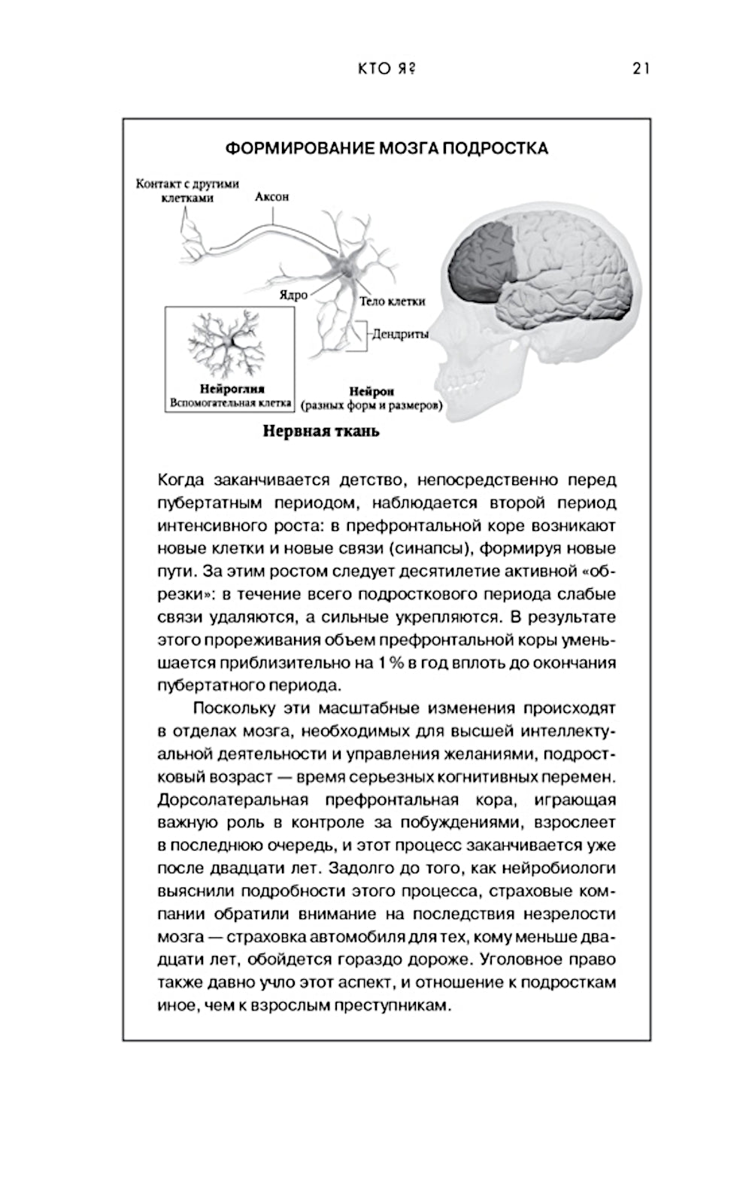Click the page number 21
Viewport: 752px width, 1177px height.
[x=641, y=68]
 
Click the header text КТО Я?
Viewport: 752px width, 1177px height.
[x=387, y=68]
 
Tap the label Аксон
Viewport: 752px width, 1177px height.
[x=271, y=197]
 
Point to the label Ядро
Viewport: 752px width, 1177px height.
[x=293, y=295]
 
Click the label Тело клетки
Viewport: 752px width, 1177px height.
[x=392, y=301]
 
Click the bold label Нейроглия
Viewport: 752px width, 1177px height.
[x=232, y=390]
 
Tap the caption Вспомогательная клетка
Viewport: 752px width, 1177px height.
[x=230, y=403]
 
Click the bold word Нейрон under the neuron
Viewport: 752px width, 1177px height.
[x=371, y=392]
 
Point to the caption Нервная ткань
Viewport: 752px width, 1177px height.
[x=321, y=432]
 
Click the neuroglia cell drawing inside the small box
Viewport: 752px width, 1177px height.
[x=230, y=342]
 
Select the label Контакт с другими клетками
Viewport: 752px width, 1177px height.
[x=187, y=190]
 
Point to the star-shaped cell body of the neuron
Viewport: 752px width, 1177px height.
[x=347, y=265]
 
